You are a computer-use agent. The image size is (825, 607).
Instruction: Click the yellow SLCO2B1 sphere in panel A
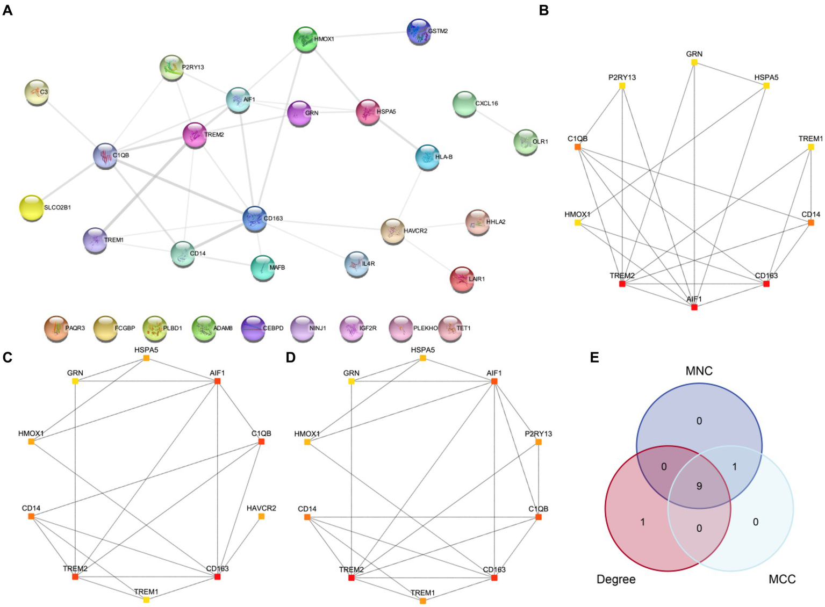click(31, 207)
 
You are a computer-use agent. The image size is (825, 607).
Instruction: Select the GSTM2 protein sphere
click(419, 31)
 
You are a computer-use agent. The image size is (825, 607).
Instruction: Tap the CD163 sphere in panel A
click(254, 219)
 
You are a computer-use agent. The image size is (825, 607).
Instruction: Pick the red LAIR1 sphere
click(462, 279)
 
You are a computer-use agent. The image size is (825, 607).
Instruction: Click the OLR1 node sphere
click(525, 142)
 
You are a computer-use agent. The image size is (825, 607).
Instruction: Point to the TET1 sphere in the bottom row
click(450, 328)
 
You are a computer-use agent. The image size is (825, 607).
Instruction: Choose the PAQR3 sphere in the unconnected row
click(56, 328)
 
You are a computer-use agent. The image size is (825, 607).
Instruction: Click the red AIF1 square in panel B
click(694, 307)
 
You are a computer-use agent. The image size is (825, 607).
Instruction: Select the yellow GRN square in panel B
click(694, 63)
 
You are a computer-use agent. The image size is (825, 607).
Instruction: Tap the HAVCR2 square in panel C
click(261, 516)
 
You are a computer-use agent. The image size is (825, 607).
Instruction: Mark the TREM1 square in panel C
click(146, 600)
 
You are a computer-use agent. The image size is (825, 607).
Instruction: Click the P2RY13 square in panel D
click(539, 442)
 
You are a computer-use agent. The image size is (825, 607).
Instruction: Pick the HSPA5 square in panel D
click(423, 358)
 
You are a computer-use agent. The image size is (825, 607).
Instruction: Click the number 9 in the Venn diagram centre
click(699, 486)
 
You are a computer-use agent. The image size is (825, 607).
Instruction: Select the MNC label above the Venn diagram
click(699, 371)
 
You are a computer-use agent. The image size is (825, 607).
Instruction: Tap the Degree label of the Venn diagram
click(616, 579)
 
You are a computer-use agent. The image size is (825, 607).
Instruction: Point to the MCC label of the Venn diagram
click(782, 579)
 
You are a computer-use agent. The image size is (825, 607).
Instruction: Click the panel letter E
click(594, 358)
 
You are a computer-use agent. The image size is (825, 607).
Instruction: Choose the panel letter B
click(544, 10)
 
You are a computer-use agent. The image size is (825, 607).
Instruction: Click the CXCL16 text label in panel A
click(486, 103)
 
